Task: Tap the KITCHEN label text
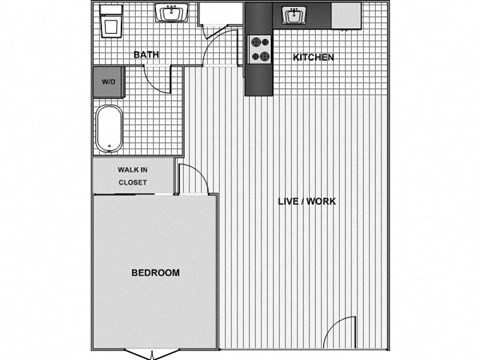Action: (313, 57)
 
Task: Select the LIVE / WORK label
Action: (307, 201)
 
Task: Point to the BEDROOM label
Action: (155, 273)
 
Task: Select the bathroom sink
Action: (170, 14)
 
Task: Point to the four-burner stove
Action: (260, 49)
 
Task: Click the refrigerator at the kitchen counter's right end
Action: (346, 14)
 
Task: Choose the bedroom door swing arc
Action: (193, 180)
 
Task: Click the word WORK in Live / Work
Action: (322, 201)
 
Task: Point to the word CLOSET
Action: (133, 183)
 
